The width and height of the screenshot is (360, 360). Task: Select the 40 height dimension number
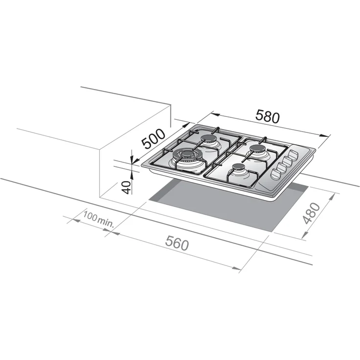(127, 187)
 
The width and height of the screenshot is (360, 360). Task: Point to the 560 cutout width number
(178, 243)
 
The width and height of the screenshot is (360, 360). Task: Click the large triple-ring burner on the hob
(188, 158)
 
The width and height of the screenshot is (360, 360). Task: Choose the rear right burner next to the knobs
(256, 150)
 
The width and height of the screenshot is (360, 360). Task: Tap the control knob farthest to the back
(292, 155)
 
